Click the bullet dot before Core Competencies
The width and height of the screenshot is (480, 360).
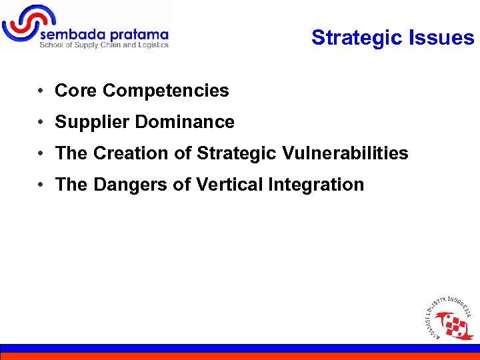click(41, 91)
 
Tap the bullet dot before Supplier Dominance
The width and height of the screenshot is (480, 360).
click(41, 123)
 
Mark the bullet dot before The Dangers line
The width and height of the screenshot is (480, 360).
click(41, 185)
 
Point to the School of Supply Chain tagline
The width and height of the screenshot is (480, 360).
click(104, 45)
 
